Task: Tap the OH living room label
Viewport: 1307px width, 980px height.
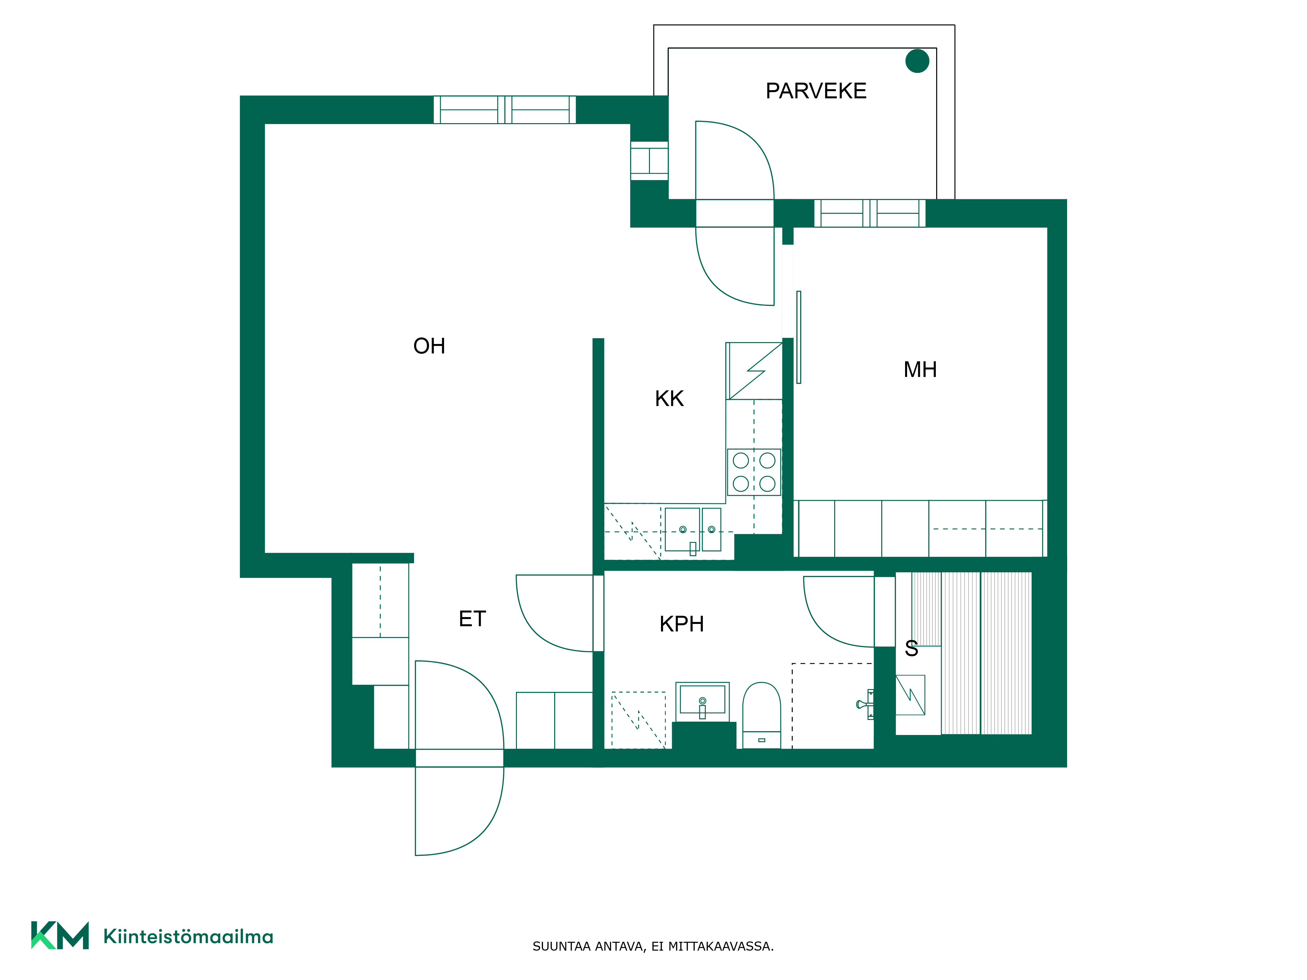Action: click(x=429, y=346)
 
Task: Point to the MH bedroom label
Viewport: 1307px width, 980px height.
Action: click(x=920, y=370)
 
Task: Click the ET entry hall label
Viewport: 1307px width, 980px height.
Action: click(x=472, y=619)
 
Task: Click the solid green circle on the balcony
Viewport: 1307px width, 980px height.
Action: click(x=917, y=61)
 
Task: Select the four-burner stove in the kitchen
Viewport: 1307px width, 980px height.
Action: click(x=754, y=472)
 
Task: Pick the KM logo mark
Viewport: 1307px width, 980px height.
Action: click(x=60, y=935)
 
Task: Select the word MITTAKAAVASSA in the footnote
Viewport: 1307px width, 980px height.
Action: click(x=720, y=946)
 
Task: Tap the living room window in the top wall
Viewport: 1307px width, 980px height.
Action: click(x=505, y=110)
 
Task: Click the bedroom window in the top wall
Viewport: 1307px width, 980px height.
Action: click(x=870, y=213)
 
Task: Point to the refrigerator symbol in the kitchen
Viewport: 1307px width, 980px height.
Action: click(x=754, y=371)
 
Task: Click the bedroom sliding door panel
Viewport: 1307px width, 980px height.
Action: click(x=799, y=337)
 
